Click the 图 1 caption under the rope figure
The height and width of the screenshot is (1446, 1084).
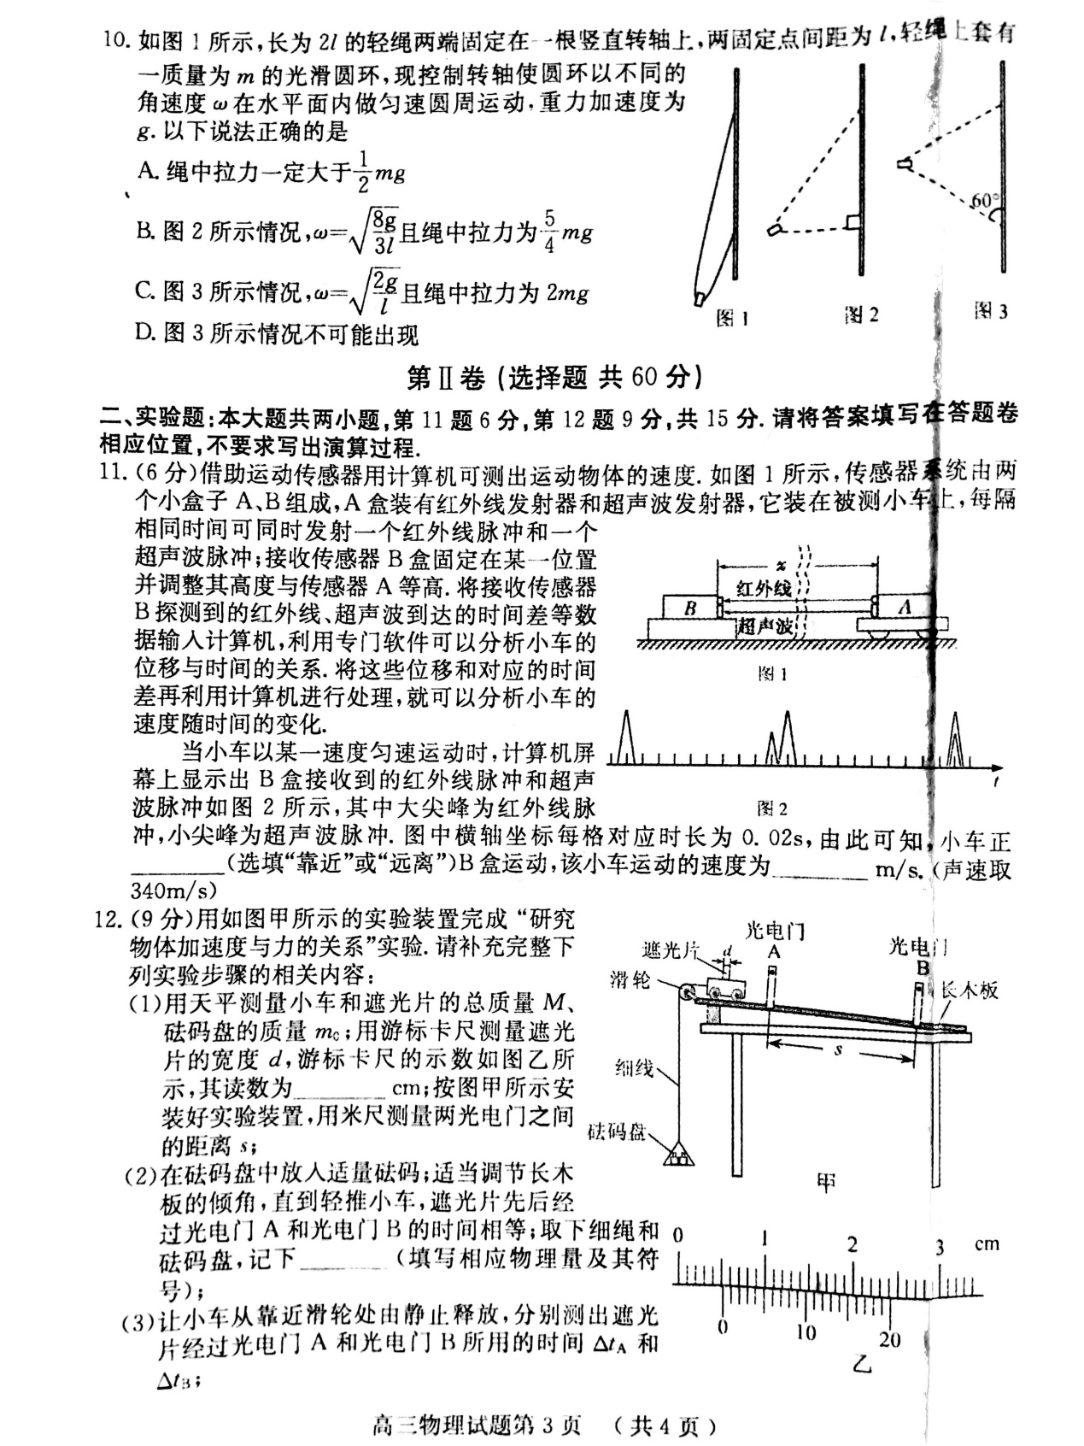pyautogui.click(x=732, y=319)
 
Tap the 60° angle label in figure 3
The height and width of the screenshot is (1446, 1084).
pyautogui.click(x=983, y=202)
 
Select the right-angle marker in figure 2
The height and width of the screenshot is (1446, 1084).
pyautogui.click(x=852, y=224)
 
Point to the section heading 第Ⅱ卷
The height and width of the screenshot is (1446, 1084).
pyautogui.click(x=445, y=377)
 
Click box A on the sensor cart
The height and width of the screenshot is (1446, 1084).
pyautogui.click(x=905, y=607)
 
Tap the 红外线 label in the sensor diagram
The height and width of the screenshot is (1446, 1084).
pyautogui.click(x=764, y=588)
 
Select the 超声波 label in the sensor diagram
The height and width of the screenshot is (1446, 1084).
pyautogui.click(x=765, y=626)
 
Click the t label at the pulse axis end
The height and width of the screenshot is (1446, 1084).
pyautogui.click(x=998, y=782)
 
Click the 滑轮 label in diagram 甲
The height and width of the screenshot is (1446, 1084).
pyautogui.click(x=630, y=979)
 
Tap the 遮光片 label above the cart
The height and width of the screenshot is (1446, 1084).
pyautogui.click(x=671, y=949)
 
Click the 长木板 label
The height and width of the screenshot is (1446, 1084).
pyautogui.click(x=969, y=990)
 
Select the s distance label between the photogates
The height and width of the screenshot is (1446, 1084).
pyautogui.click(x=838, y=1049)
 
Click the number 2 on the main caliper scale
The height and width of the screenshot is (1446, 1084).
pyautogui.click(x=852, y=1244)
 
